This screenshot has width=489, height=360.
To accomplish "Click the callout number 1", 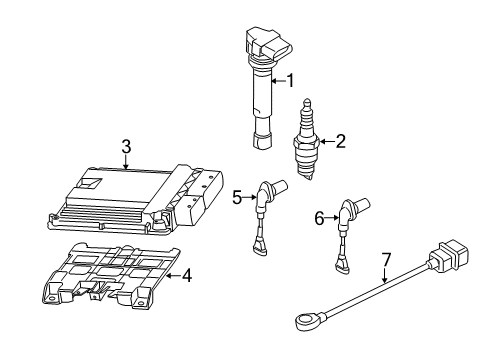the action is coord(291,81).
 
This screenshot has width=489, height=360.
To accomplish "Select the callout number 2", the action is coord(341,141).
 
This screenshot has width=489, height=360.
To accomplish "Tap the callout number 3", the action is coord(126,147).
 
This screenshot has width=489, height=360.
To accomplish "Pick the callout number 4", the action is coord(186,276).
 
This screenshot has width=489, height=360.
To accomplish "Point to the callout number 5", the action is coord(237,197).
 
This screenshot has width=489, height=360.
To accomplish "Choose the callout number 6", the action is coord(319,219).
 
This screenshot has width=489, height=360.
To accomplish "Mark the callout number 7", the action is coord(385,260).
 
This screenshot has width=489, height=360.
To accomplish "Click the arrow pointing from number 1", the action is coord(278,81).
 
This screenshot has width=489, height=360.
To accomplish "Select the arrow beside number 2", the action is coord(327,142).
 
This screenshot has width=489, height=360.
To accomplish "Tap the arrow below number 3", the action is coord(126,162).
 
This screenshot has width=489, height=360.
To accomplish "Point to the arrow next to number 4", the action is coord(173,276).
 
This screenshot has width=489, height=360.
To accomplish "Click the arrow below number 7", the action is coord(384,275).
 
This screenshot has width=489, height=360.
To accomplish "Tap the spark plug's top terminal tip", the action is coord(307,102).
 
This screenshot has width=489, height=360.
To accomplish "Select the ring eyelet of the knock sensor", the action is coord(304,320).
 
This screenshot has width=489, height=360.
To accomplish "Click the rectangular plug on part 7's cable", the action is coord(448,257).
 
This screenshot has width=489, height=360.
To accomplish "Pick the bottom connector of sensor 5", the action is coord(260,249).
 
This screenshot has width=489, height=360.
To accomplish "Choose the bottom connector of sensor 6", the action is coord(342,266).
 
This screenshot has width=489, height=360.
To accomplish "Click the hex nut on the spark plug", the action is coord(306,142).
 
